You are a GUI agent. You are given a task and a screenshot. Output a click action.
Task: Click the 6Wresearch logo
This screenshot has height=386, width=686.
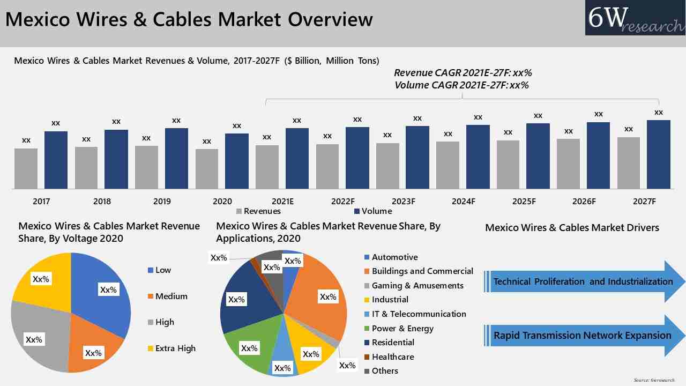point(635,18)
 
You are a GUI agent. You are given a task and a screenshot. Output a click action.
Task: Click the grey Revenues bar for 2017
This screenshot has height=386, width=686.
point(26,168)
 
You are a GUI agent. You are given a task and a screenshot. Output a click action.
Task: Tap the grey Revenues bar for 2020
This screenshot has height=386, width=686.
point(207,169)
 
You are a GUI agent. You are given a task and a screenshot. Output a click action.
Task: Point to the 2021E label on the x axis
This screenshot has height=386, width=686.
point(282,202)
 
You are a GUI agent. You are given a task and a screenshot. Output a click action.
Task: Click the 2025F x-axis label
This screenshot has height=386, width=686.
point(524,202)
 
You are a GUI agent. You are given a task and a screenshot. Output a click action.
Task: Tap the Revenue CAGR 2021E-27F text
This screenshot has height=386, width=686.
point(463,73)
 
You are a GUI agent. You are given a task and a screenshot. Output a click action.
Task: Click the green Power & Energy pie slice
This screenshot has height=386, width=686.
point(249,343)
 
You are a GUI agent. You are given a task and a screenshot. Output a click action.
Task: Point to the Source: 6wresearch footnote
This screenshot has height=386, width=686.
point(654,380)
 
